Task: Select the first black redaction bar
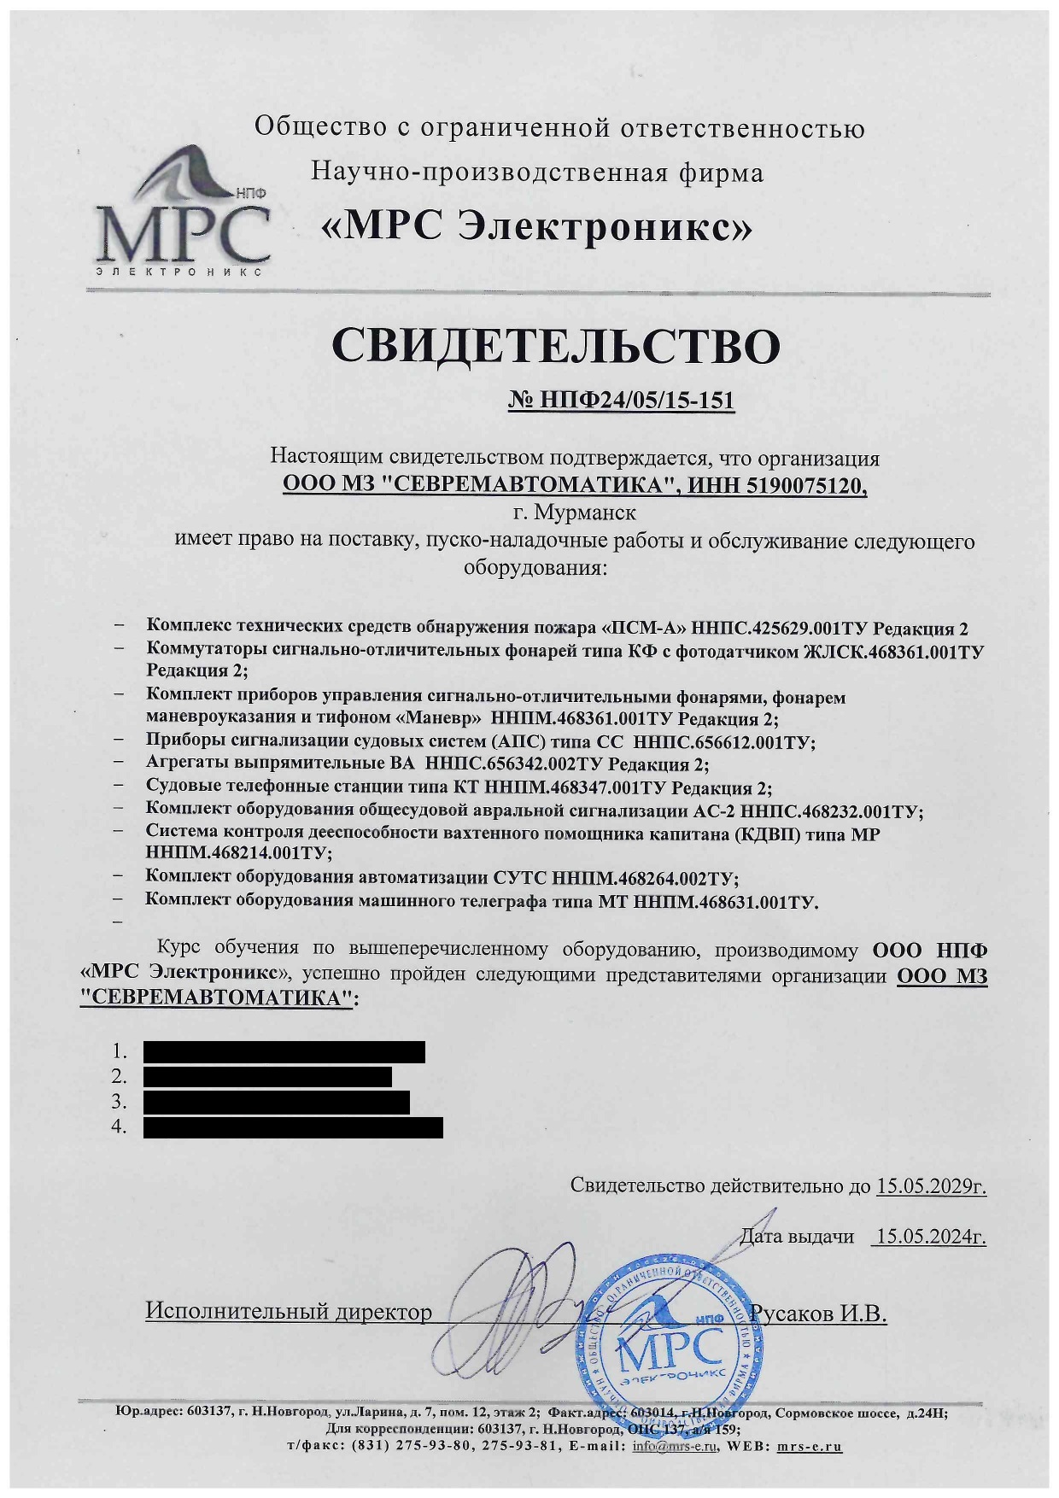click(284, 1051)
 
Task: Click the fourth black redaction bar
click(293, 1127)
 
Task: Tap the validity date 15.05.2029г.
click(931, 1186)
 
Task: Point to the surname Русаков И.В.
click(817, 1313)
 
